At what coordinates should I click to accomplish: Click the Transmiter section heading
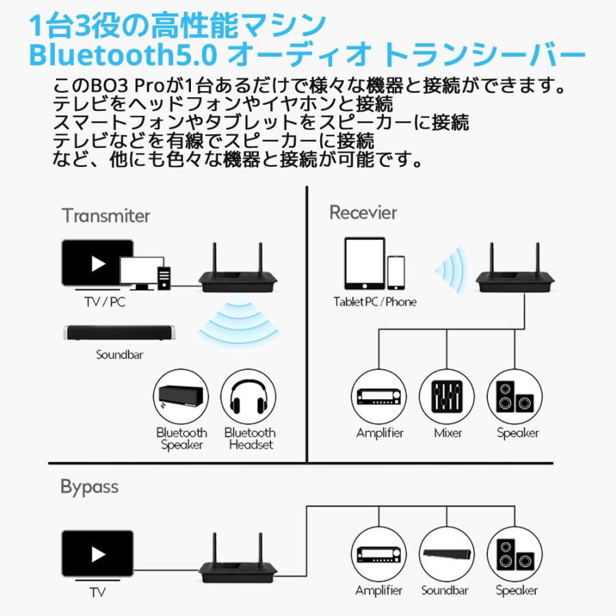(105, 216)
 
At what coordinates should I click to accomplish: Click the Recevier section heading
(363, 212)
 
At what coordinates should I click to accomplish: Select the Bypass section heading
(89, 487)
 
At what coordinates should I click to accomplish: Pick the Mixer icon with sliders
(448, 397)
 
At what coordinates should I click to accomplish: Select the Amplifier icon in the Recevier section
(380, 397)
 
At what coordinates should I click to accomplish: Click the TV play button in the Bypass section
(98, 554)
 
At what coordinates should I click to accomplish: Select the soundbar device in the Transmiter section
(119, 333)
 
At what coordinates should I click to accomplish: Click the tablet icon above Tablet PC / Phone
(365, 264)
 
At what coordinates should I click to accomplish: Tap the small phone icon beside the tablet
(396, 273)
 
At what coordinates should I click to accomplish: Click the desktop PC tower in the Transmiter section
(164, 277)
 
